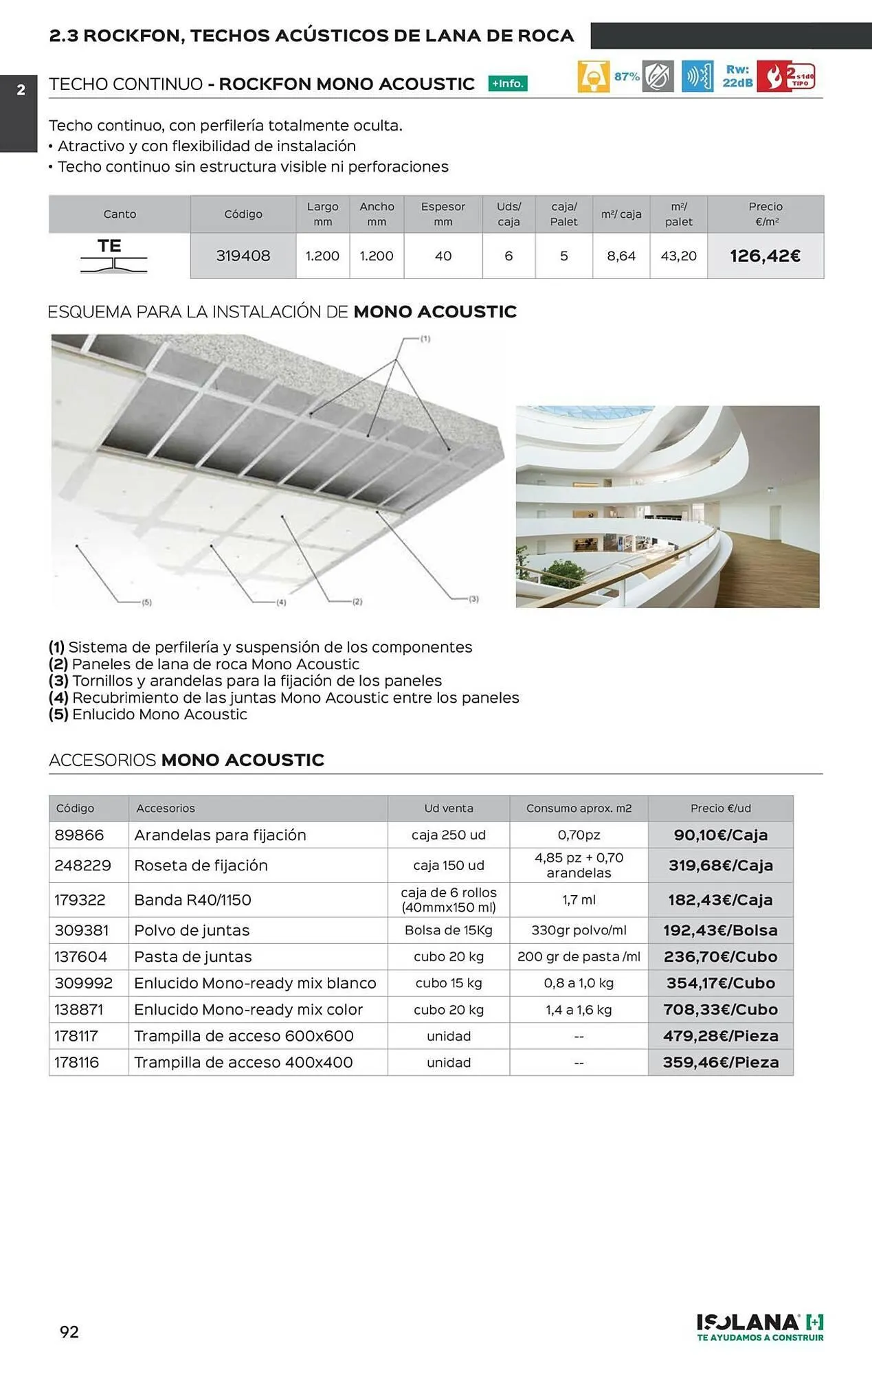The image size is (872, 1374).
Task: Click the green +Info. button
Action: pos(508,84)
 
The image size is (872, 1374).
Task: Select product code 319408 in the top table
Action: pos(243,256)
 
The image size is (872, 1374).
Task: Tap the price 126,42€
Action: pos(765,256)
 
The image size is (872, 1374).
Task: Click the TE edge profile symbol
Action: pos(112,256)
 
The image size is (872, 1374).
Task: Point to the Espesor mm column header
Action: pos(443,214)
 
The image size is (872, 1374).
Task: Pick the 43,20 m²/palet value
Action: pos(678,256)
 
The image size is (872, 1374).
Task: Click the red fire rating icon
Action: pos(786,76)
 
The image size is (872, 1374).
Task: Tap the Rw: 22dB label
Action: pos(737,76)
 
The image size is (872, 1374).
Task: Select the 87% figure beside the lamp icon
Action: pos(627,76)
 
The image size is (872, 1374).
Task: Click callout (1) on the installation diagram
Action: pos(425,339)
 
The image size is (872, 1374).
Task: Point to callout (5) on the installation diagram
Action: pos(146,602)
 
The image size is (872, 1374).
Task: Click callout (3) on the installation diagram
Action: pos(473,599)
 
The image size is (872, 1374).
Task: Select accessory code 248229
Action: pos(83,866)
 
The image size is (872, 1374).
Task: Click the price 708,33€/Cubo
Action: pos(720,1010)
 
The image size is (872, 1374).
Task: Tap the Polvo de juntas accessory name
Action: pos(192,931)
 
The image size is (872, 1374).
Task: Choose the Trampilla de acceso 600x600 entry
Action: pos(244,1036)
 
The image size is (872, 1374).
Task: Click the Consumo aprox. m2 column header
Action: pos(579,809)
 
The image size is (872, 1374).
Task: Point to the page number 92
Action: pos(69,1332)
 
